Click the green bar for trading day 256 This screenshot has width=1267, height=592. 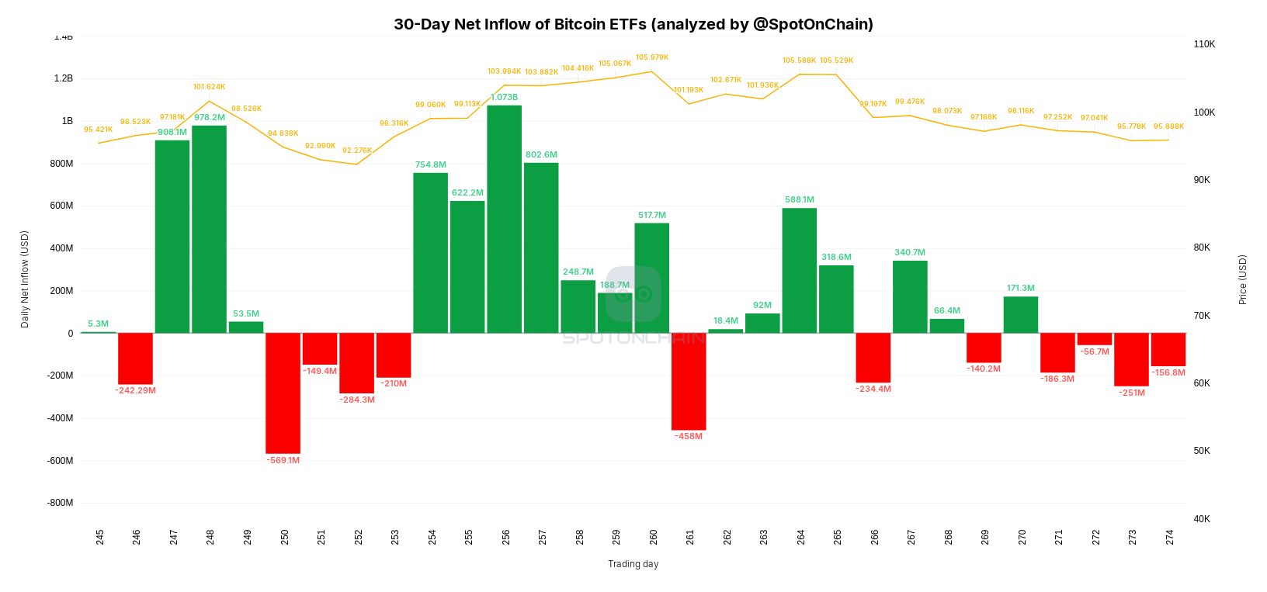point(504,219)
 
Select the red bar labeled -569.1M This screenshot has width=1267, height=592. point(283,393)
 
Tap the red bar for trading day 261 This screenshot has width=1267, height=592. point(689,381)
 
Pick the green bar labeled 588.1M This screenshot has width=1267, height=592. point(799,270)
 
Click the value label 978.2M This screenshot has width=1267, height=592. point(210,118)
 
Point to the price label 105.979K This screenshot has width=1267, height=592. point(651,57)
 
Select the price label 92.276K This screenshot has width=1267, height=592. point(356,151)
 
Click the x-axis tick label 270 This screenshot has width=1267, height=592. point(1022,537)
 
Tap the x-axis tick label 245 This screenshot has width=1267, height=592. point(99,537)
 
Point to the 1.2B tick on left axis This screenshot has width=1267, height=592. point(64,78)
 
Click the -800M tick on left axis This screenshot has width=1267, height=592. point(60,503)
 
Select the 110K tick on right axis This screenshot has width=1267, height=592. point(1204,44)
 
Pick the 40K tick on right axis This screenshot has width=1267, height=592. point(1202,519)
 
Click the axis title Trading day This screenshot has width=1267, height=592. point(633,564)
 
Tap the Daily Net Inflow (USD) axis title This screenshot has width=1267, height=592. point(25,279)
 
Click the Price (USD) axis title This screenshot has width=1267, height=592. point(1242,279)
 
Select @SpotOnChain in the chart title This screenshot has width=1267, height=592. point(813,24)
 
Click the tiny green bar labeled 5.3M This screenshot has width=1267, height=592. point(99,332)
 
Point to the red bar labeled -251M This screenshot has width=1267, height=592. point(1131,359)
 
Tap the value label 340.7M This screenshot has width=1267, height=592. point(909,252)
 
